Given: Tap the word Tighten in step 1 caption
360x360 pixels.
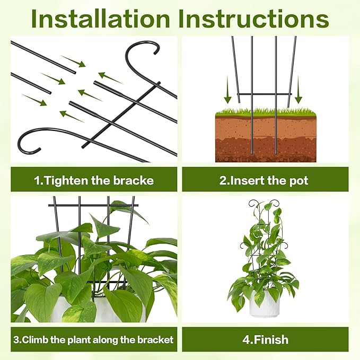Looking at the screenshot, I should [x=71, y=180].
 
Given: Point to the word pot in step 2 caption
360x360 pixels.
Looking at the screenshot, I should [x=298, y=180].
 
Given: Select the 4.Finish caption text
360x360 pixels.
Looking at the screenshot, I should [x=265, y=339].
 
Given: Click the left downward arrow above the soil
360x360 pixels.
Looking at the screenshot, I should [x=227, y=90].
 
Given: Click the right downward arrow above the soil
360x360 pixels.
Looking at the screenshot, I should [x=298, y=90].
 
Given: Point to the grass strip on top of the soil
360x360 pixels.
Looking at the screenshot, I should [x=265, y=112].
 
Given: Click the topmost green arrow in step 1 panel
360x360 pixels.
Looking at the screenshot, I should [x=73, y=61].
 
